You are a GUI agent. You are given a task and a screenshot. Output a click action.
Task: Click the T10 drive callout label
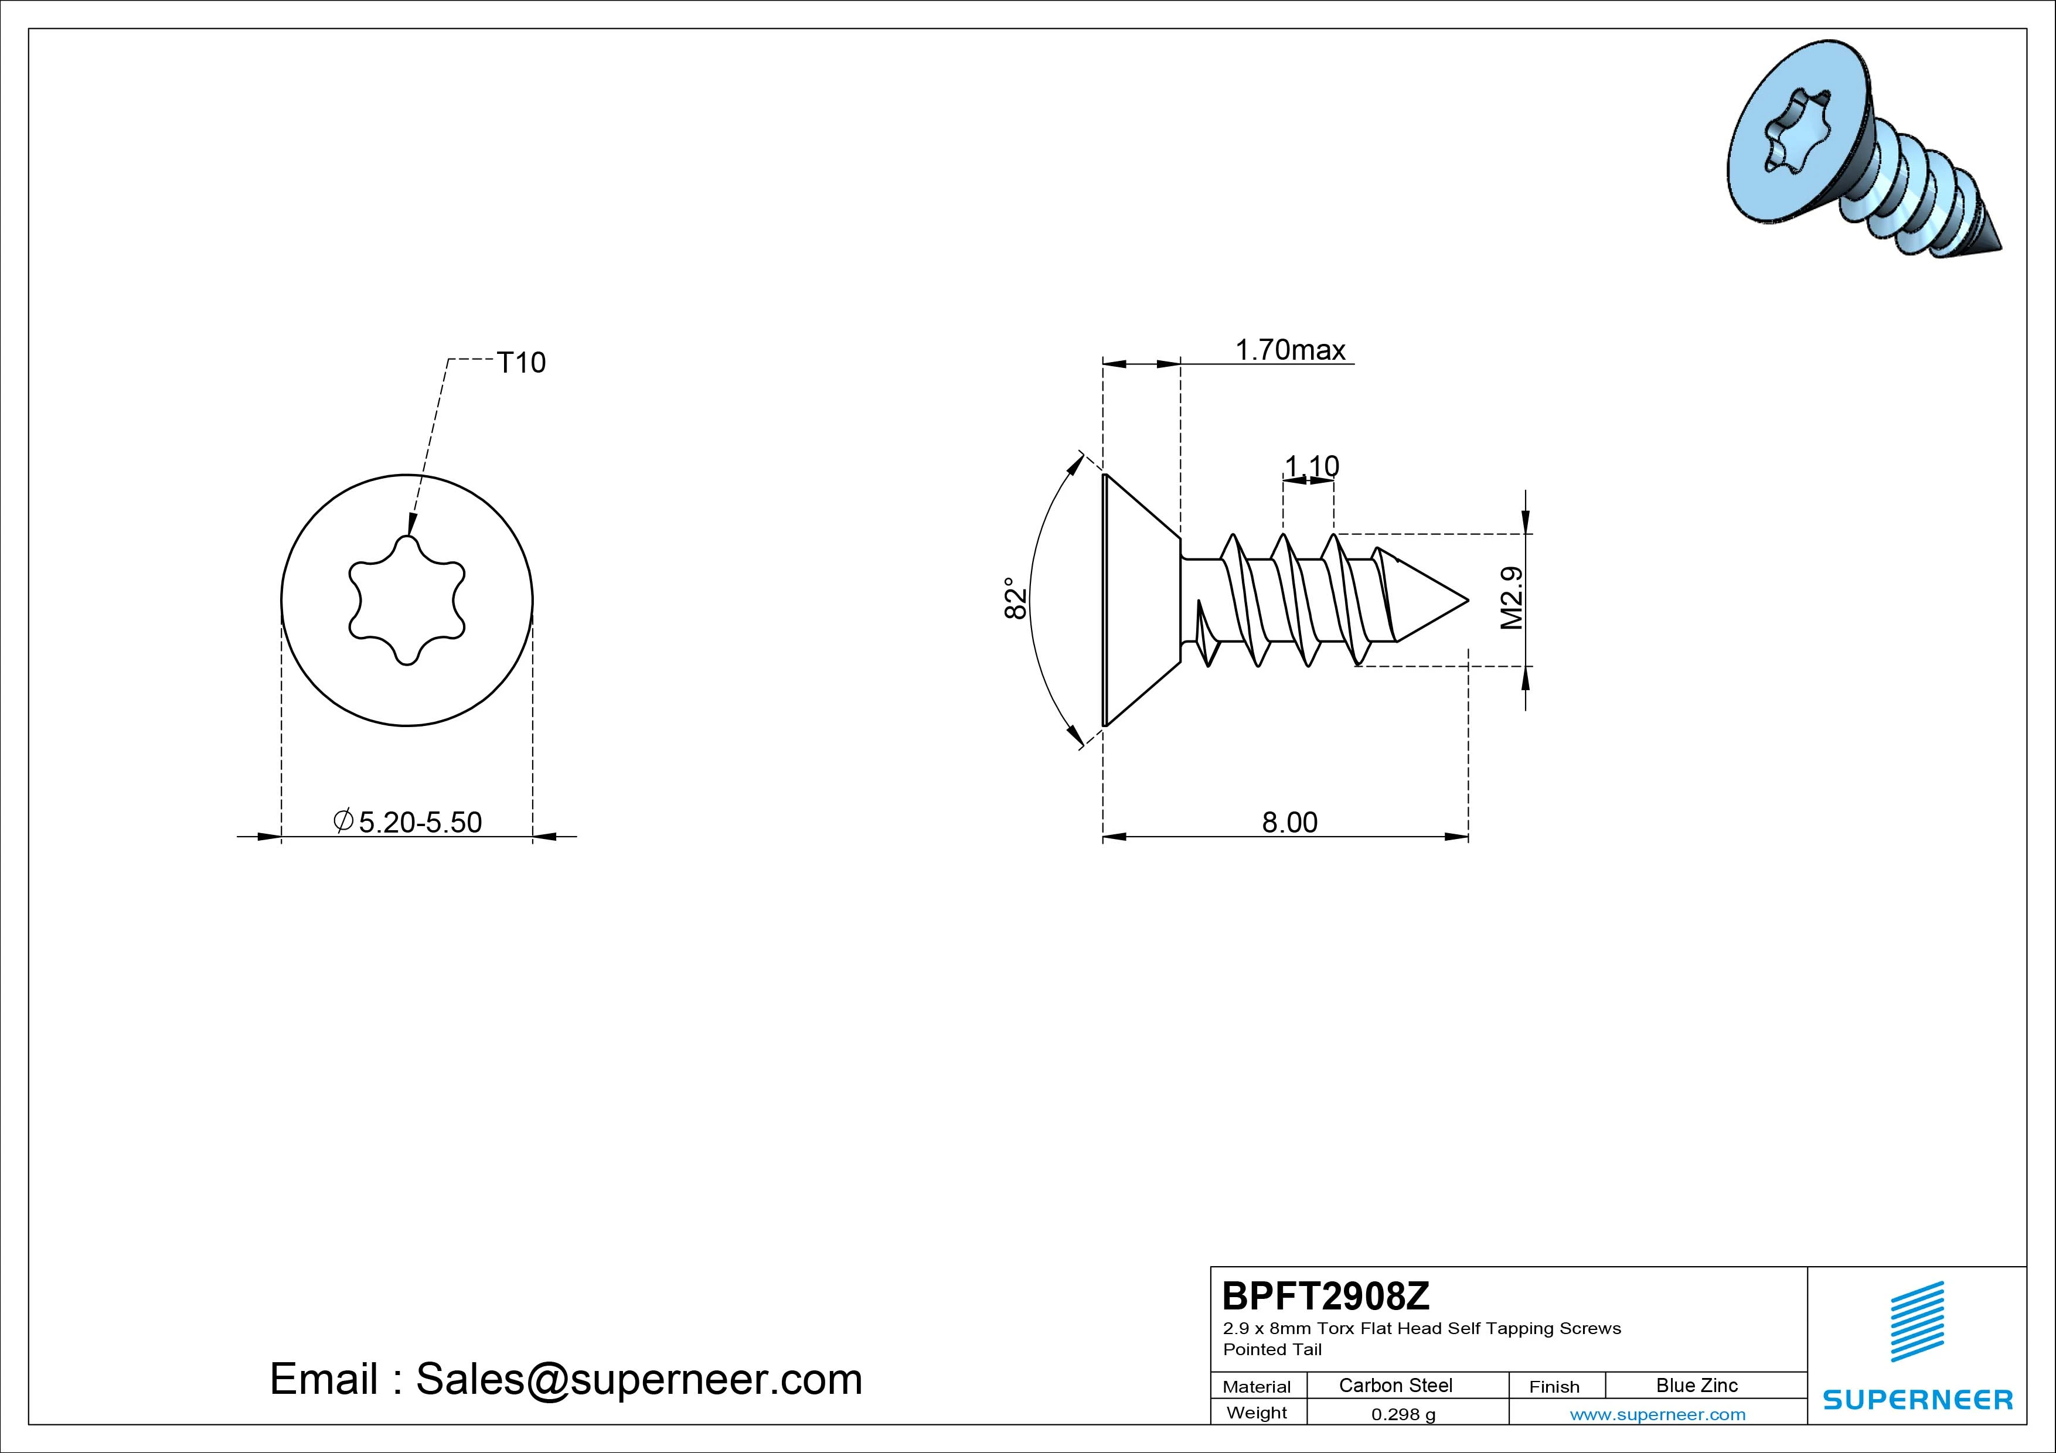point(520,363)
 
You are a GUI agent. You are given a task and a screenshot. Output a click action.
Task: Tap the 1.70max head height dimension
point(1291,349)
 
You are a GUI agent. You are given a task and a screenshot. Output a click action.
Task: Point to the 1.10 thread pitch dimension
point(1311,466)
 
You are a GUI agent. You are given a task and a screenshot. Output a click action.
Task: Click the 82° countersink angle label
point(1015,598)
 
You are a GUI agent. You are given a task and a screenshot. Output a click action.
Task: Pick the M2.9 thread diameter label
point(1512,598)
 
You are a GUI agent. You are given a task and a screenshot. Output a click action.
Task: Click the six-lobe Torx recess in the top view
point(407,600)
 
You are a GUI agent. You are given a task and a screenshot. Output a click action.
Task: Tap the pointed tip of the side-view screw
point(1467,600)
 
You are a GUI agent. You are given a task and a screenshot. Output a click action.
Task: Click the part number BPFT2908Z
point(1326,1295)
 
